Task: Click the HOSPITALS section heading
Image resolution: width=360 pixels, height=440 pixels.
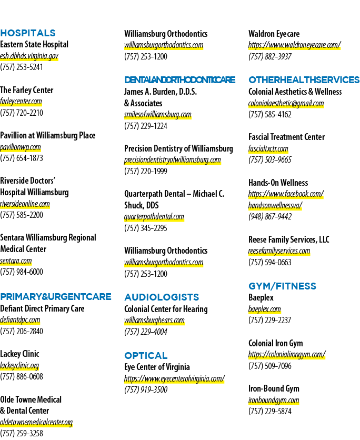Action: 28,33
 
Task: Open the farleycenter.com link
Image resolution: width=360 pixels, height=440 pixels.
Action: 21,101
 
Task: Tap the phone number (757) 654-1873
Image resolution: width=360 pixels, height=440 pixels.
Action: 22,158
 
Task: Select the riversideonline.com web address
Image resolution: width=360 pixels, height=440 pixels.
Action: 25,204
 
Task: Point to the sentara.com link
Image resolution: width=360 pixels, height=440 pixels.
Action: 16,261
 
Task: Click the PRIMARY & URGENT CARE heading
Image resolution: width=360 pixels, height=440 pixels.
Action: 56,297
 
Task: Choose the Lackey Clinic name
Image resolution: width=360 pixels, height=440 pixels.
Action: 19,354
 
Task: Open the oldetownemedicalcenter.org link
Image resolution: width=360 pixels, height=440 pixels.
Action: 36,422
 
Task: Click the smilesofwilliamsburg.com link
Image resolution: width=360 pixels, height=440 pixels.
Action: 158,115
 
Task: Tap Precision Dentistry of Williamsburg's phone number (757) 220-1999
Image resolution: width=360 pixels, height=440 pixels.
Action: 146,171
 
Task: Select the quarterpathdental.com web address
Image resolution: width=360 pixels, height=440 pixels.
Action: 154,217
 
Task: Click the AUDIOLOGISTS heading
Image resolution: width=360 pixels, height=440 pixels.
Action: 162,297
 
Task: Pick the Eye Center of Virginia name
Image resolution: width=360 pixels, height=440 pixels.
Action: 157,367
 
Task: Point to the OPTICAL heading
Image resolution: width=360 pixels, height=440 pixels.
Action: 146,356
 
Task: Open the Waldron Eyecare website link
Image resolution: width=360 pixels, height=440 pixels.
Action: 294,45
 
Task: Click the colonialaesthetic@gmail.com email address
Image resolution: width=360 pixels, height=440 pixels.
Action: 286,103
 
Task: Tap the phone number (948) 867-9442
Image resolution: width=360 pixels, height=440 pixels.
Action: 270,217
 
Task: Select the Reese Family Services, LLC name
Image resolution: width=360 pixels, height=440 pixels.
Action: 289,239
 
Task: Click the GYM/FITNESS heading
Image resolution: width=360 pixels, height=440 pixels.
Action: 282,286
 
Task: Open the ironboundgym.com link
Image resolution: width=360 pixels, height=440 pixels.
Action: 274,400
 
